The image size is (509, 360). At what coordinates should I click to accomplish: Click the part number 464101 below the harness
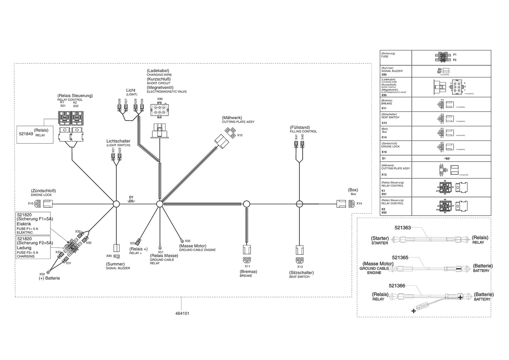[182, 314]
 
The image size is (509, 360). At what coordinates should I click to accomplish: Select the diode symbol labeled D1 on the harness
[131, 201]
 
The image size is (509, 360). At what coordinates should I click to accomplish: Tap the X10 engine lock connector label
[31, 203]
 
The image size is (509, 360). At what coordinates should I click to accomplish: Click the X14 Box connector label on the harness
[359, 203]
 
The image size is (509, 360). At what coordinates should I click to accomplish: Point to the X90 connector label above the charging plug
[160, 99]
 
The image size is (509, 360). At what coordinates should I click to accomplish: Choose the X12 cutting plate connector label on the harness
[240, 135]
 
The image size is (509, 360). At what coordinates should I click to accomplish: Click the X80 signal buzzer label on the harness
[109, 256]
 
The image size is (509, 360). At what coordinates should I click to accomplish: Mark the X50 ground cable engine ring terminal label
[188, 241]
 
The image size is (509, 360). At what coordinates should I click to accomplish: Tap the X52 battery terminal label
[42, 274]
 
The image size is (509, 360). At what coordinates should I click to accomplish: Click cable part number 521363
[403, 228]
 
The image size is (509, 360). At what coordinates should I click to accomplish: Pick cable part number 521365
[400, 258]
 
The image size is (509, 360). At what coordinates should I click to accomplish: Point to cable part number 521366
[397, 286]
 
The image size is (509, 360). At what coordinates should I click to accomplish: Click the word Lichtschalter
[118, 141]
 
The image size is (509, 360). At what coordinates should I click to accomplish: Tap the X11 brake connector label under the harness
[248, 266]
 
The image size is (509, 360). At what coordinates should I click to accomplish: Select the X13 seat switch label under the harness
[300, 267]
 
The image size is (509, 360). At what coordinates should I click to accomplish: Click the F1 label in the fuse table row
[455, 55]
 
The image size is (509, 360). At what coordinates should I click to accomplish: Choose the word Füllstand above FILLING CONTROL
[300, 127]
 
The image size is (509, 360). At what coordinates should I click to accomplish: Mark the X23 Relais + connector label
[133, 243]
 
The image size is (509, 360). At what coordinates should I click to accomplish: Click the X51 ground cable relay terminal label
[161, 252]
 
